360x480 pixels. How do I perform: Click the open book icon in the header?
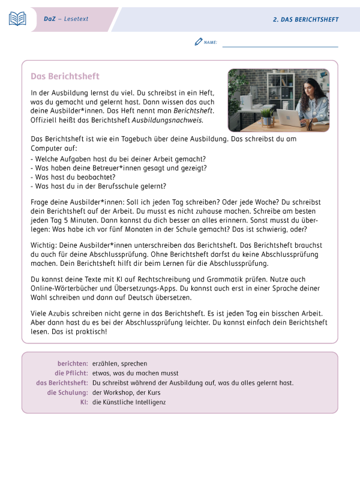[x=17, y=19]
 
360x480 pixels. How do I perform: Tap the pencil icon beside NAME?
[x=199, y=42]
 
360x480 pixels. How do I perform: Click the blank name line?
[x=280, y=45]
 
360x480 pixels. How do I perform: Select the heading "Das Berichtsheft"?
[x=65, y=77]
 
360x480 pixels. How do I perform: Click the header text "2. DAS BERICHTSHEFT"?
[x=305, y=20]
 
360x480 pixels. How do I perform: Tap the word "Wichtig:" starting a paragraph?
[x=44, y=245]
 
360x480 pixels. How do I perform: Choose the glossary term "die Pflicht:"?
[x=71, y=373]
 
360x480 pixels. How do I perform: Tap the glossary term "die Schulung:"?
[x=68, y=392]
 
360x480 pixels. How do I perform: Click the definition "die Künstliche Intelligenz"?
[x=129, y=402]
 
